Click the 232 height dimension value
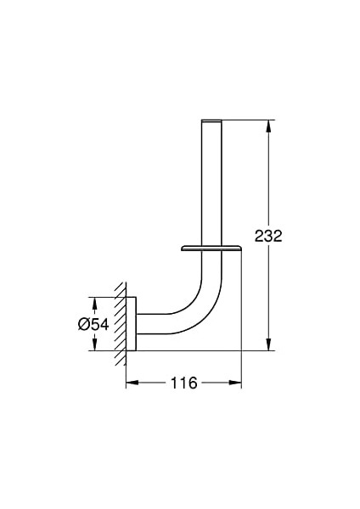268,236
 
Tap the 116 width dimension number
184,383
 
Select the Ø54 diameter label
93,324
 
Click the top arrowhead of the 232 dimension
268,126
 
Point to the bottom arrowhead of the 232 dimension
268,344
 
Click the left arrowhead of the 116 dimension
132,383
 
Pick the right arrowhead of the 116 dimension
235,383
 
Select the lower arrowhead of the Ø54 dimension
94,344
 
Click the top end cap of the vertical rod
211,121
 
